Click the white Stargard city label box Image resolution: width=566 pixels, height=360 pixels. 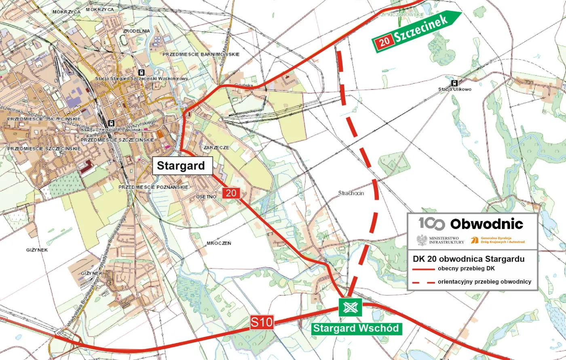181,166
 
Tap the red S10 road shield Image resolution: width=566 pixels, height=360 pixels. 262,322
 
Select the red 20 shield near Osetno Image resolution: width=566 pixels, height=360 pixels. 231,193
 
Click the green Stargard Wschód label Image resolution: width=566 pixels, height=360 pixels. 357,328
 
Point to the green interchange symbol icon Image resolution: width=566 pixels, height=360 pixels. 350,308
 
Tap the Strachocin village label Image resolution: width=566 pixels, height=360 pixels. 351,193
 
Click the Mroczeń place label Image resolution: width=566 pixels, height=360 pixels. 218,243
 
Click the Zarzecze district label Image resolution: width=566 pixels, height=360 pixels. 217,148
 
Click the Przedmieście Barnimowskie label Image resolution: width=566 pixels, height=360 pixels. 201,54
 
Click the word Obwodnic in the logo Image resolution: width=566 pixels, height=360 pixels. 486,224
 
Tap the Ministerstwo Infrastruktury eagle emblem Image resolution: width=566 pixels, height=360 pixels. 422,240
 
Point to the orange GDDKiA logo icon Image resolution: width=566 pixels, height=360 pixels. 475,240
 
